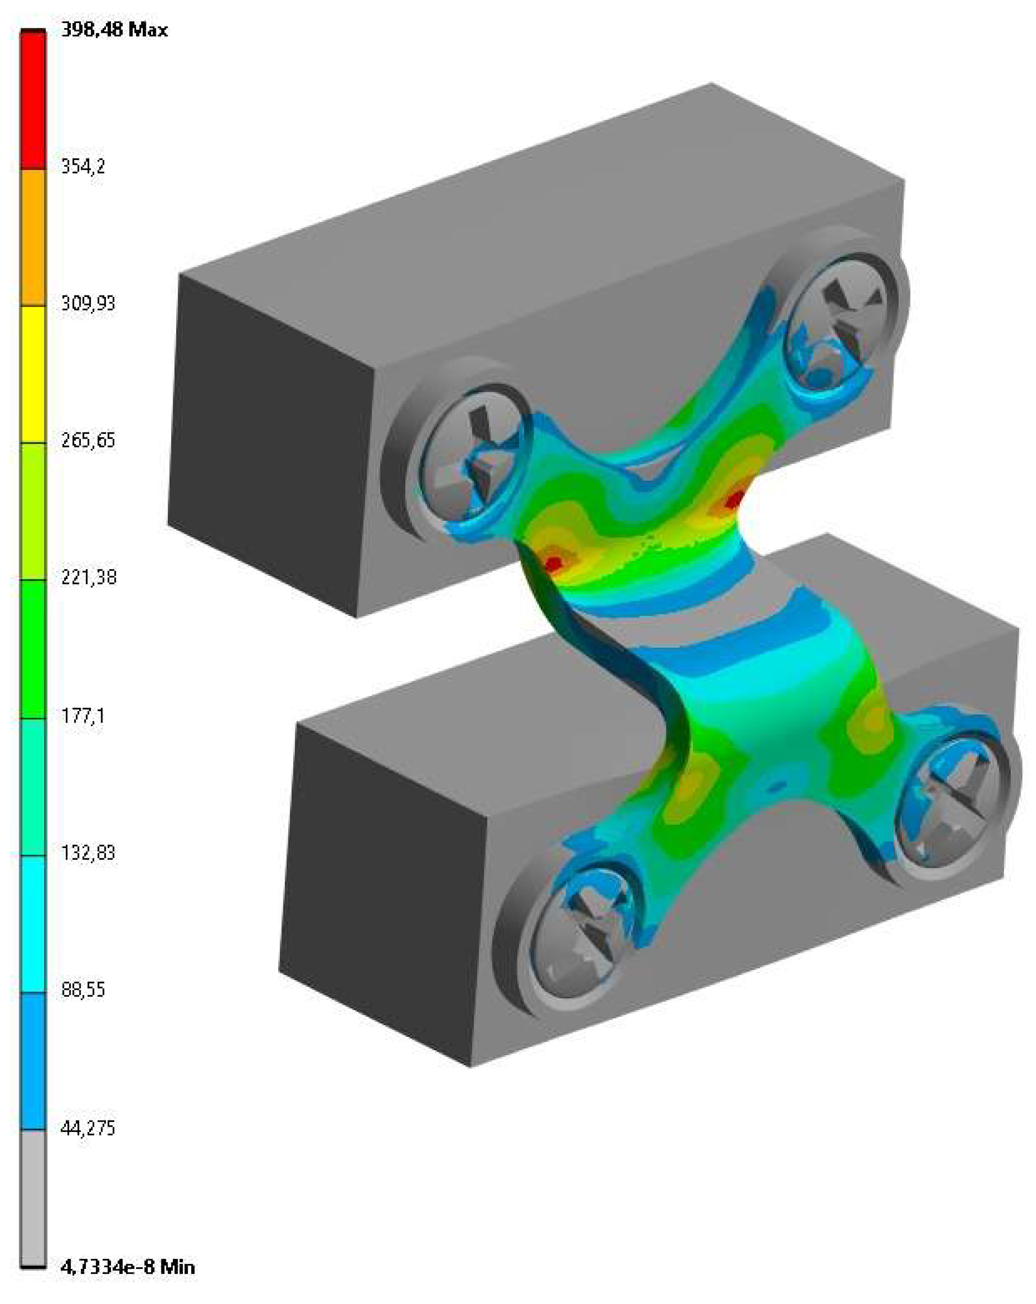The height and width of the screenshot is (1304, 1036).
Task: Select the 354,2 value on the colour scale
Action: click(83, 166)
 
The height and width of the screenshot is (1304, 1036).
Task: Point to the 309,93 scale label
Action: click(88, 303)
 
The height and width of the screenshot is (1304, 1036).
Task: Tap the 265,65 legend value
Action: click(88, 441)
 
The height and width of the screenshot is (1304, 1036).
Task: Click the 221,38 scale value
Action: click(88, 578)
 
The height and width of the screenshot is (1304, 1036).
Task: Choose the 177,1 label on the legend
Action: click(83, 717)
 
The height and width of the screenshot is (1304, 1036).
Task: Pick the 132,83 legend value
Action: click(88, 853)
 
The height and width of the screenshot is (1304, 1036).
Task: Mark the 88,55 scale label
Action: click(83, 991)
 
